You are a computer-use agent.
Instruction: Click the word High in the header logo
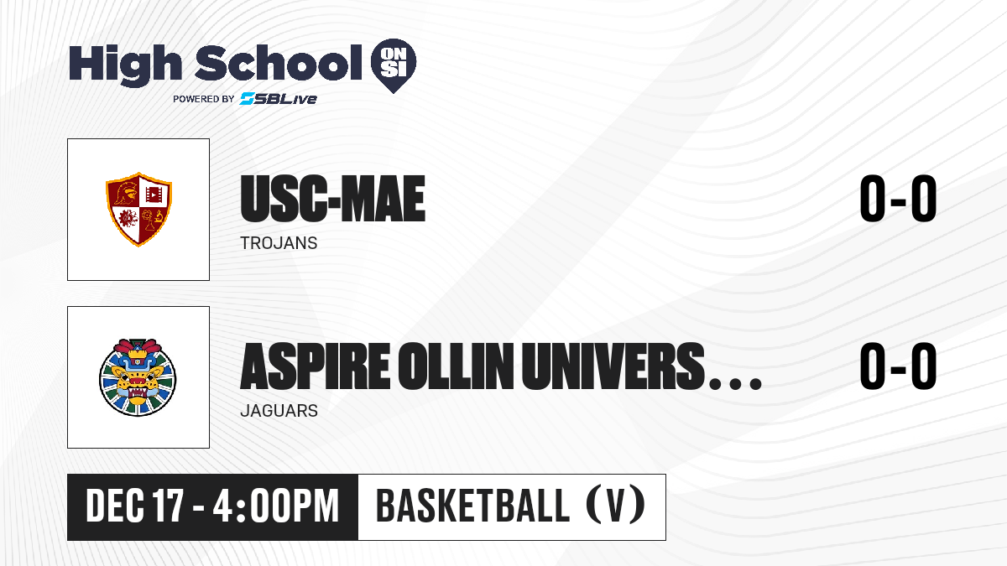[x=126, y=65]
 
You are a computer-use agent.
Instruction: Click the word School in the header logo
[x=279, y=63]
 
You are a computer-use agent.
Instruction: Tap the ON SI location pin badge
[x=394, y=65]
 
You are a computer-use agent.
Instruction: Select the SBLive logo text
[x=279, y=98]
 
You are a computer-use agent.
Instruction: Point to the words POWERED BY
[x=204, y=99]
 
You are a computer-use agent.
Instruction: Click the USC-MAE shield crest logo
[x=139, y=210]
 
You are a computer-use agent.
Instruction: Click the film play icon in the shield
[x=154, y=195]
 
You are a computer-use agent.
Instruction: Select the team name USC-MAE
[x=332, y=199]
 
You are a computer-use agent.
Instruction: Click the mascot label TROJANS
[x=279, y=243]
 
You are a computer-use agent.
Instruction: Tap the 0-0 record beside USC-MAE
[x=898, y=199]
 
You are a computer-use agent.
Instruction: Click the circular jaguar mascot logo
[x=138, y=377]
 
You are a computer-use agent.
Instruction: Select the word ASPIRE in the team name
[x=316, y=366]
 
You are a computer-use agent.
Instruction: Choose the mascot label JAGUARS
[x=279, y=411]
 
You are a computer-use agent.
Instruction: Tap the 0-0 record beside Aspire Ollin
[x=898, y=366]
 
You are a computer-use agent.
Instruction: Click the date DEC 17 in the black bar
[x=134, y=506]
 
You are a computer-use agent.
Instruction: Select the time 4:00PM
[x=276, y=506]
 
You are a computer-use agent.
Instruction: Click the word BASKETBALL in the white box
[x=473, y=506]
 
